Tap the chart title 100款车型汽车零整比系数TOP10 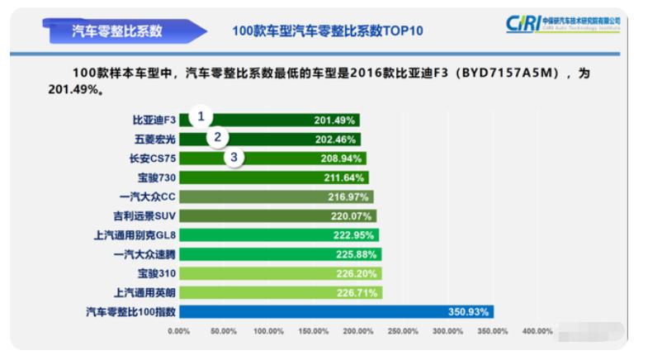coord(329,31)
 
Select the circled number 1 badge coord(200,116)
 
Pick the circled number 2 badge coord(218,137)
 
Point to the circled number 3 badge coord(235,157)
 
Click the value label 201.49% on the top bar coord(334,120)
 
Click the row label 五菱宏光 coord(154,139)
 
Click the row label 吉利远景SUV coord(146,216)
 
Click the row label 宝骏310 coord(156,272)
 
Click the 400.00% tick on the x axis coord(537,331)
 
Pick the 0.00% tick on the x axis coord(179,331)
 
